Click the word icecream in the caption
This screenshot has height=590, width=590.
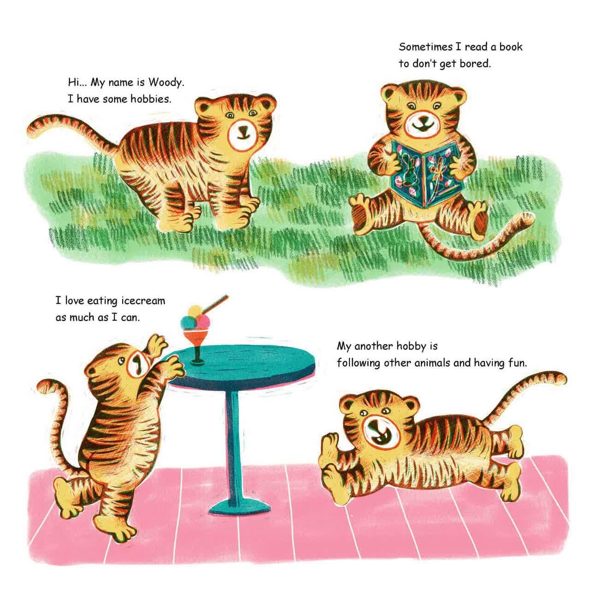click(143, 301)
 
